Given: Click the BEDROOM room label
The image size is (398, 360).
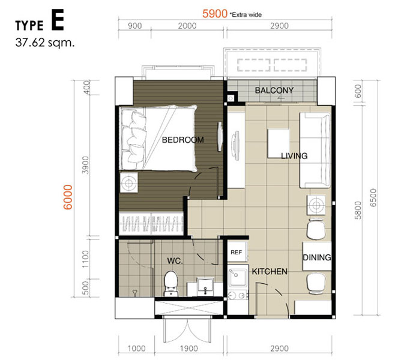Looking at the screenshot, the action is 182,140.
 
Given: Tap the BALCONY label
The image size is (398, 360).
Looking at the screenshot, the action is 274,91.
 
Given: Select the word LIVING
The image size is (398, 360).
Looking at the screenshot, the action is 294,155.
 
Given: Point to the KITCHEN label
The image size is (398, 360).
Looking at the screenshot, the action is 270,271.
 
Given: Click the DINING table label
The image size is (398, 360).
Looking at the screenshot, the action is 317,257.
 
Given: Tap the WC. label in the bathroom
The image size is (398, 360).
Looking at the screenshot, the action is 175,261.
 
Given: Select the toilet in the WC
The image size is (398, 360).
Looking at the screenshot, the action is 170,283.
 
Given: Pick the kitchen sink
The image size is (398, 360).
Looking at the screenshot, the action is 237,277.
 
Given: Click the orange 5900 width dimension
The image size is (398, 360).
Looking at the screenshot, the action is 215,14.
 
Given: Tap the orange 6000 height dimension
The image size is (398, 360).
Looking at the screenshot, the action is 68,197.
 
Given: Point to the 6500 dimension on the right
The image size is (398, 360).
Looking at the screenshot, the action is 373,197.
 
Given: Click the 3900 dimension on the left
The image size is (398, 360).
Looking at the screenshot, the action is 86,165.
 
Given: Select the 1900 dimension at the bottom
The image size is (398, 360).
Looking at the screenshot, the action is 189,349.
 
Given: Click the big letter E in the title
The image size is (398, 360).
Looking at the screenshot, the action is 58,20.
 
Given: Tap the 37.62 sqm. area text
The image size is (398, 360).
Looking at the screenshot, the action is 45,43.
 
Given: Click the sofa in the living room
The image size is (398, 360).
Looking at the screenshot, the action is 315,150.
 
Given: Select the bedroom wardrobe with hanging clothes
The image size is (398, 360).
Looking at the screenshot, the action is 151,224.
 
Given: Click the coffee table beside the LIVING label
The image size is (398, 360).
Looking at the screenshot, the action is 278,143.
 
